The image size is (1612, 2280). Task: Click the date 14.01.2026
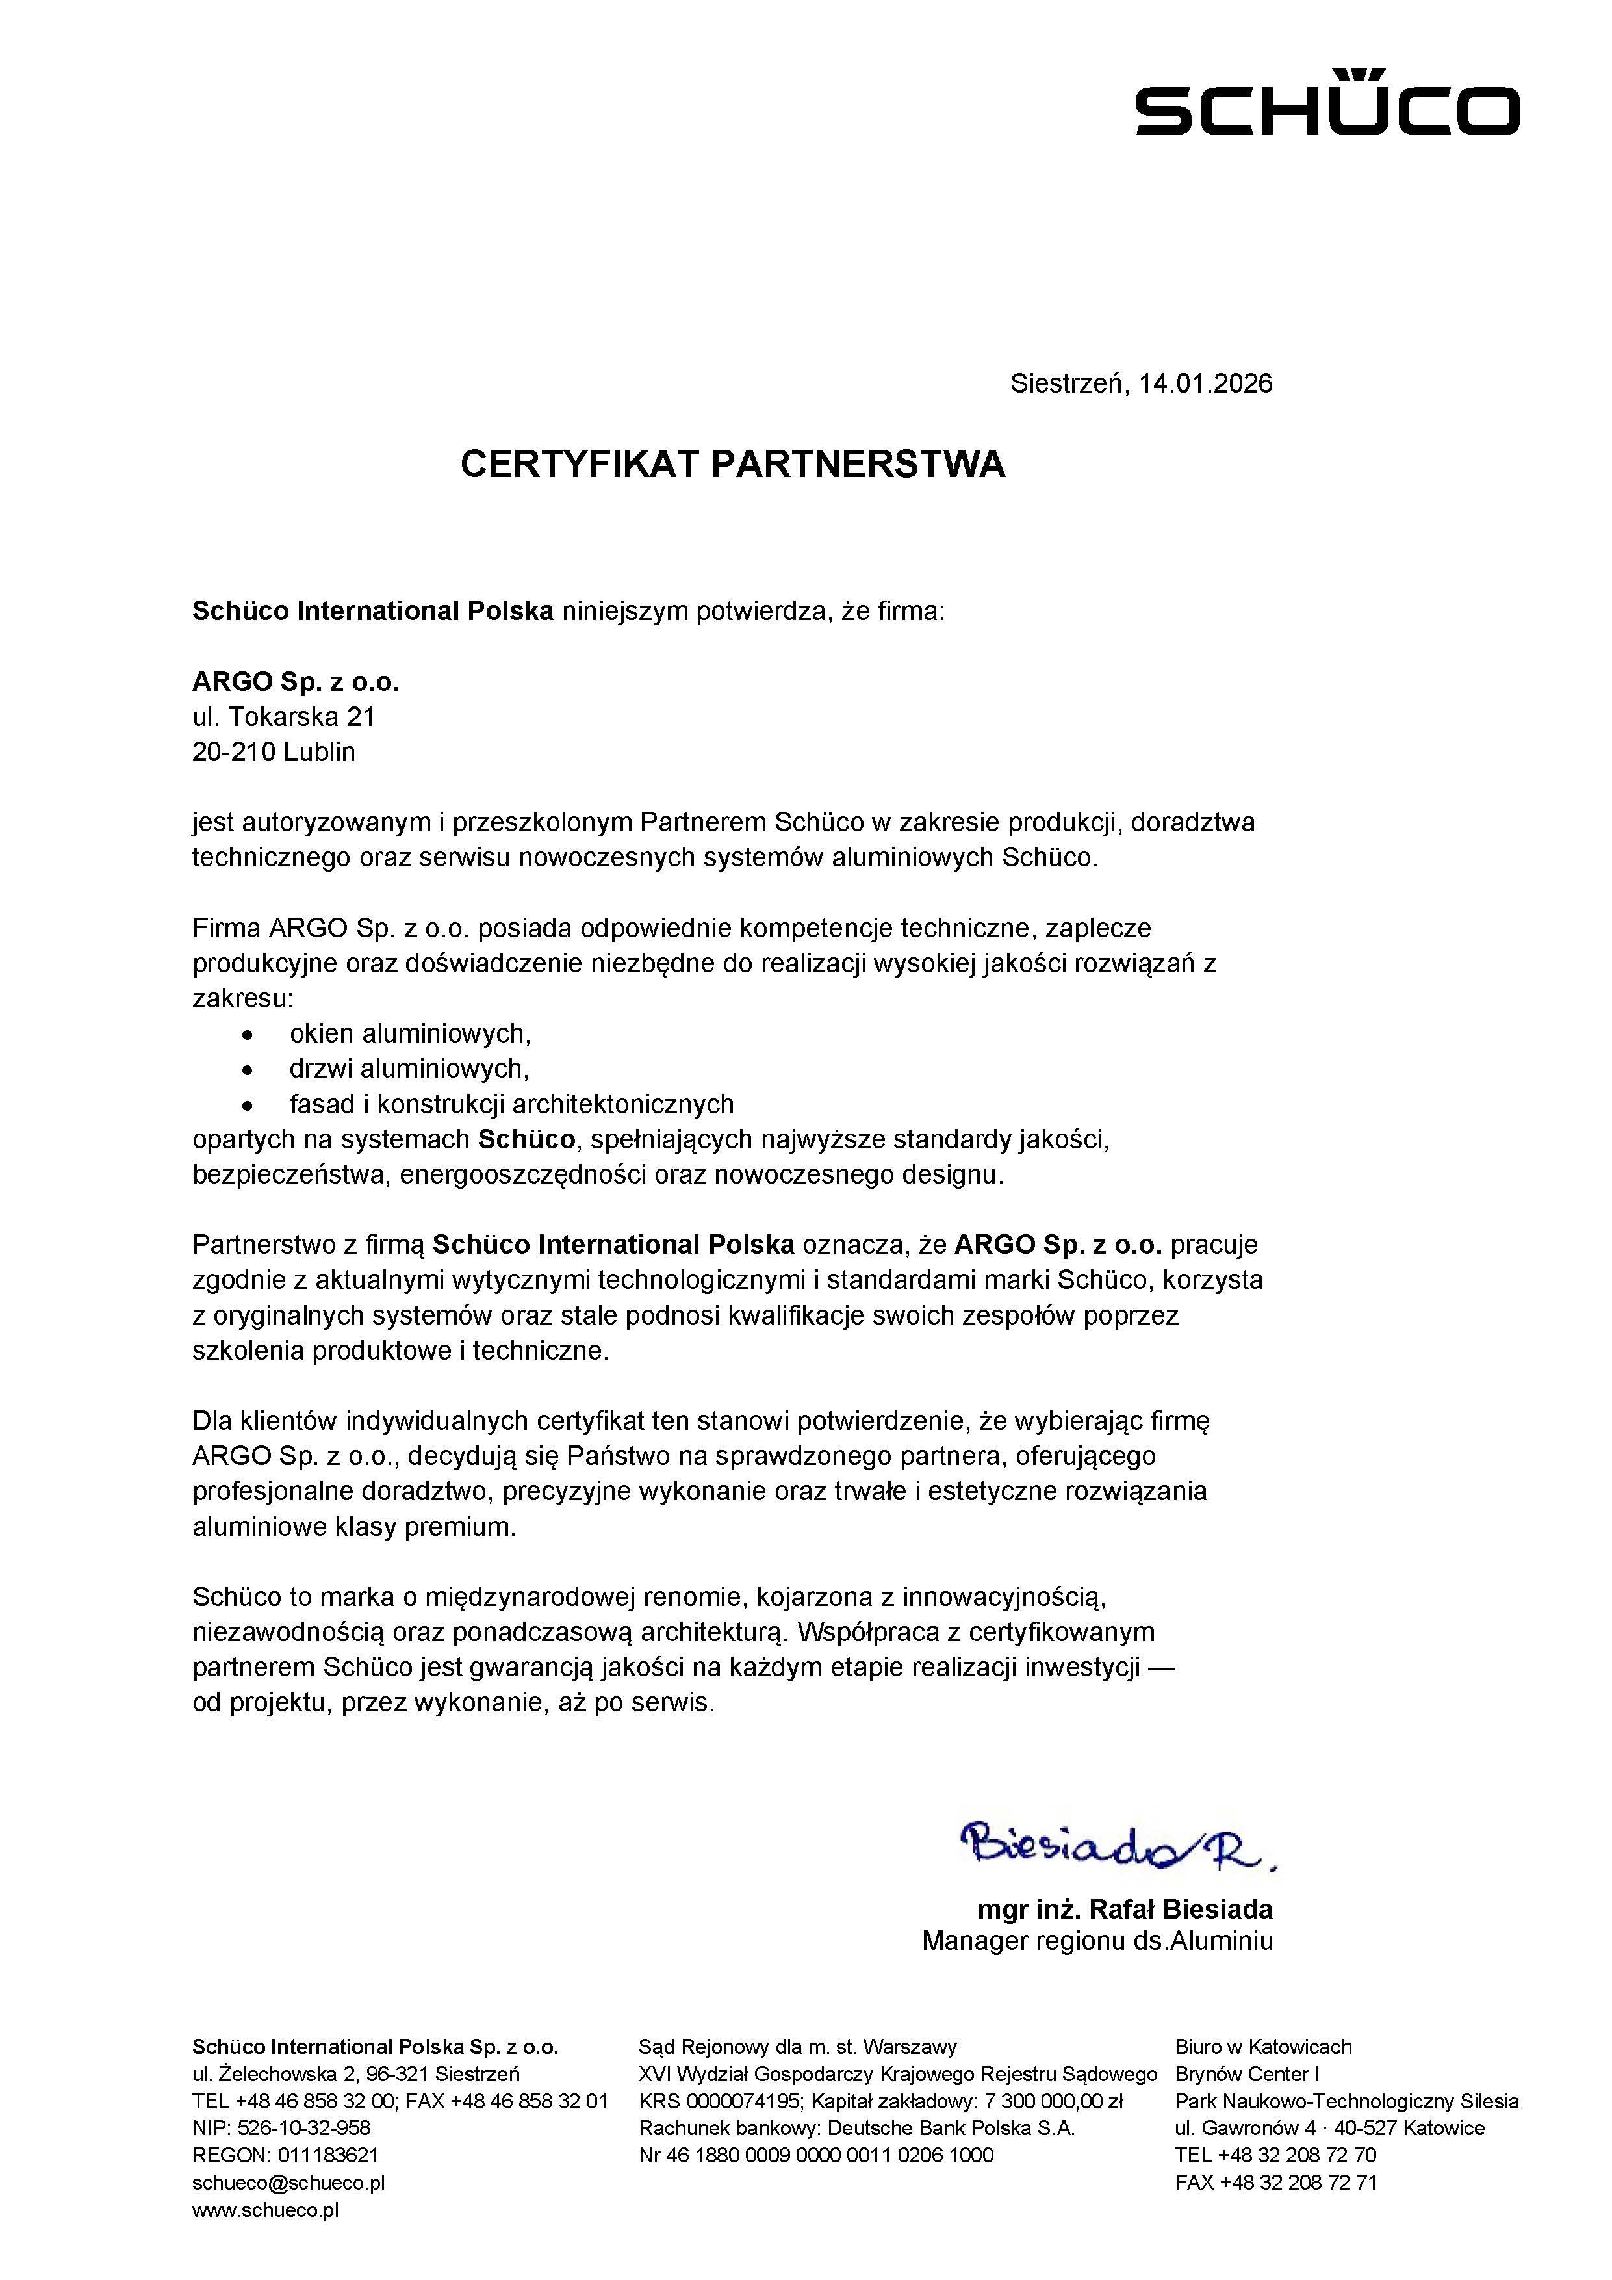[1205, 383]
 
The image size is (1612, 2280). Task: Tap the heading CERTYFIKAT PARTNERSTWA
[732, 465]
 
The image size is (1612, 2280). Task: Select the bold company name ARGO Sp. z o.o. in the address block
[295, 682]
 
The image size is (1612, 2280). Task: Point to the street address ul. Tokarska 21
[283, 717]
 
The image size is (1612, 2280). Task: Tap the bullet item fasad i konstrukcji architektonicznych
[511, 1104]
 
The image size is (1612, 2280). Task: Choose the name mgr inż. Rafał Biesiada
[1125, 1909]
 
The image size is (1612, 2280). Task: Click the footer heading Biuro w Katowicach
[1262, 2047]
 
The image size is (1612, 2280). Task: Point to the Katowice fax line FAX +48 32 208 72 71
[1275, 2182]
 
